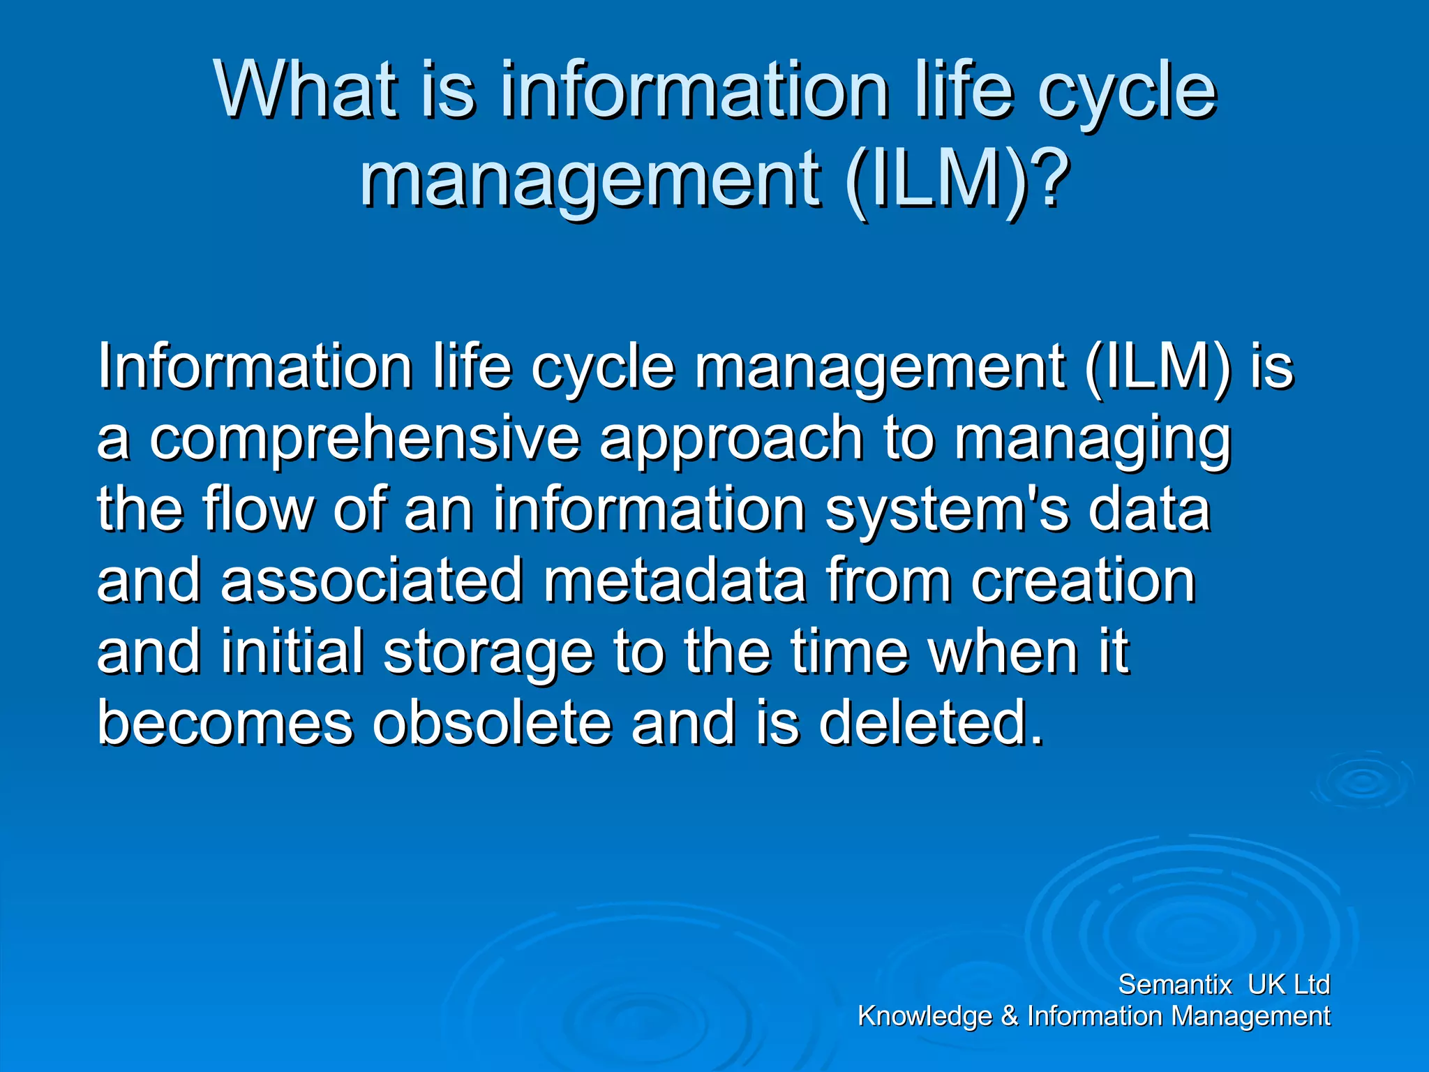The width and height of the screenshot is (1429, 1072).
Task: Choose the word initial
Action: [292, 652]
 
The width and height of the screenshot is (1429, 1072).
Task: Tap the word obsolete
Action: [492, 723]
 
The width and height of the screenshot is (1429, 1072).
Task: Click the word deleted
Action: [931, 723]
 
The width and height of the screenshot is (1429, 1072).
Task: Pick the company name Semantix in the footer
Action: [1175, 985]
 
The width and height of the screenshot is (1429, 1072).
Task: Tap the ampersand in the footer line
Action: [1010, 1016]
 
